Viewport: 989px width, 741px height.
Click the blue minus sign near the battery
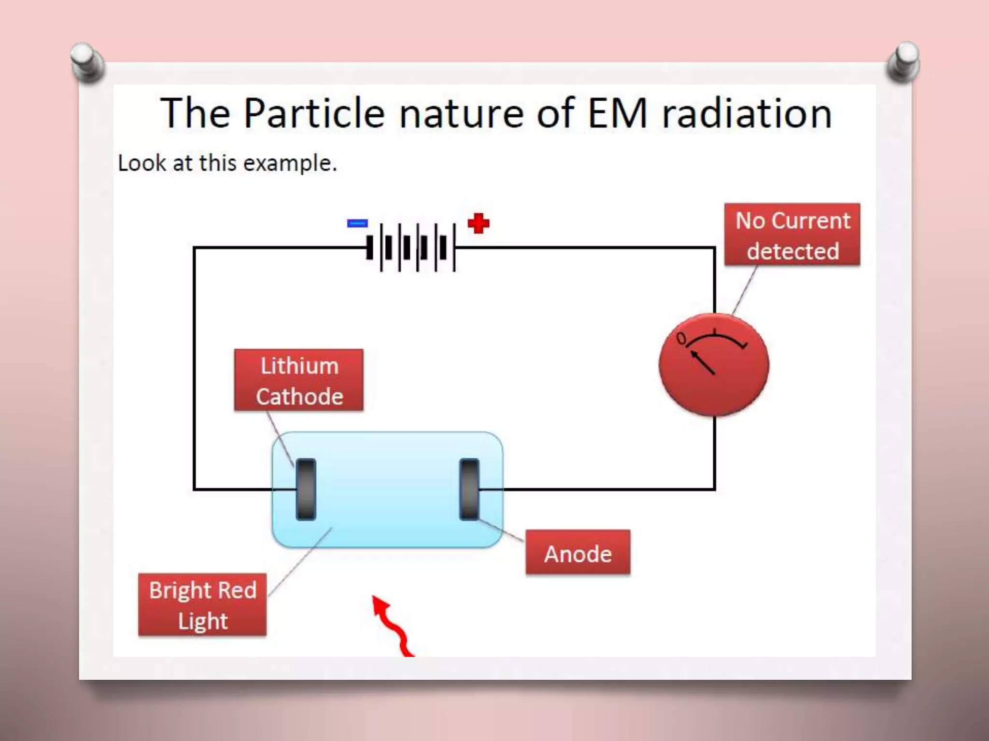point(357,223)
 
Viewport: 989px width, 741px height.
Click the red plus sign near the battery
point(479,223)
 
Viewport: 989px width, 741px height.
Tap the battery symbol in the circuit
point(411,247)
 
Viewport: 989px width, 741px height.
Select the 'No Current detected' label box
point(792,235)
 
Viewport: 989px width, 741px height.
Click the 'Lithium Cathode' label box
point(299,380)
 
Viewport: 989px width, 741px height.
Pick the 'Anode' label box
point(578,553)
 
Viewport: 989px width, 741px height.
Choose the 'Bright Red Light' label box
point(202,605)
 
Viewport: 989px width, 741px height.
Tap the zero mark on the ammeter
point(681,338)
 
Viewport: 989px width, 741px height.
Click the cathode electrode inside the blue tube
point(306,489)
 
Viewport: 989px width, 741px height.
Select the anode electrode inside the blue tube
point(469,489)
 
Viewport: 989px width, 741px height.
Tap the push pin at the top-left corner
point(87,62)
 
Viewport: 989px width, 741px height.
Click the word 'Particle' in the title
point(314,113)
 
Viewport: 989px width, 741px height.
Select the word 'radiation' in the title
point(747,113)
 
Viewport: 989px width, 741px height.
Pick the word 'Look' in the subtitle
point(142,163)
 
